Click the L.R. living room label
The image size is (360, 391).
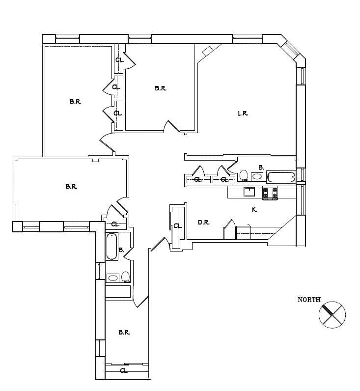[x=243, y=113]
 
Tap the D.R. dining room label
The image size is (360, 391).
[x=204, y=223]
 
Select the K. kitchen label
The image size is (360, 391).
[x=254, y=210]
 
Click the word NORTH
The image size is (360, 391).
[x=309, y=300]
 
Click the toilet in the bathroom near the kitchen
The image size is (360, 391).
[x=244, y=175]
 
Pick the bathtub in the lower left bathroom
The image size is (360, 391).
[x=112, y=246]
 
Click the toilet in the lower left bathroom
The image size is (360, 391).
[x=126, y=277]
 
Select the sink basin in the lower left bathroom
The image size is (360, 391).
[x=113, y=278]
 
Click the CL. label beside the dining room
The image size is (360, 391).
[x=177, y=226]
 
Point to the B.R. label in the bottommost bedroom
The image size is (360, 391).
[x=124, y=333]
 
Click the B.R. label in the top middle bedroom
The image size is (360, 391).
[x=160, y=88]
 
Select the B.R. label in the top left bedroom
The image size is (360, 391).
[x=75, y=102]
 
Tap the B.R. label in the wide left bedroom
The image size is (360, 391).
[x=71, y=187]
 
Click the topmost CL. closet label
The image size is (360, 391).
[x=119, y=60]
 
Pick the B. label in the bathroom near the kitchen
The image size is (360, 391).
[x=261, y=167]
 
